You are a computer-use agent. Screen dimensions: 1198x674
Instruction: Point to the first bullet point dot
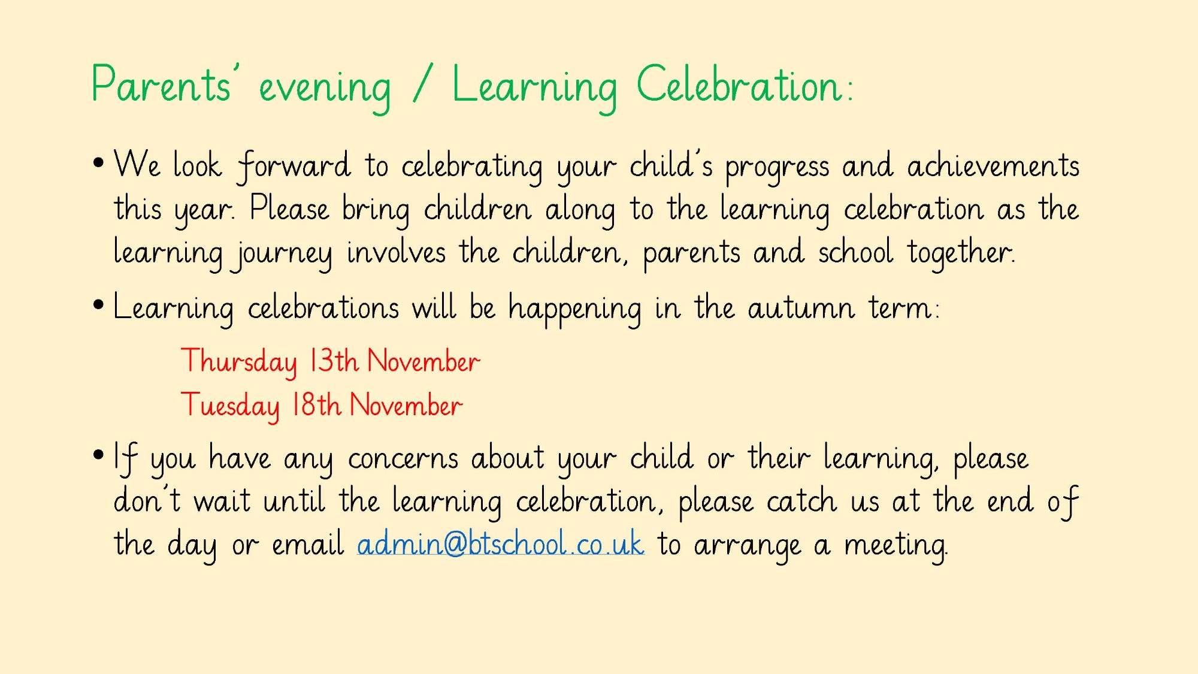[x=99, y=162]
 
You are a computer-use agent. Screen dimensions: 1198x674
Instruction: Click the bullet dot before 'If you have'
[x=99, y=455]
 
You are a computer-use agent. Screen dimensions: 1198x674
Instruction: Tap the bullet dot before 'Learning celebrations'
[x=99, y=305]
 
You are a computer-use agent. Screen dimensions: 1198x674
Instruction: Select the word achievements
[x=993, y=165]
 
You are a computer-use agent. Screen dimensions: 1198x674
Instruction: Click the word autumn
[x=801, y=309]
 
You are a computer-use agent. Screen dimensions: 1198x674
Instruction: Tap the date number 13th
[x=334, y=361]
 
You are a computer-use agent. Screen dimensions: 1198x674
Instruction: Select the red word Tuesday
[x=231, y=406]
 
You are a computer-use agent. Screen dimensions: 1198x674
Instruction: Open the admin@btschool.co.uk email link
[x=501, y=544]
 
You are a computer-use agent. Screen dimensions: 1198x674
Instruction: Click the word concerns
[x=403, y=459]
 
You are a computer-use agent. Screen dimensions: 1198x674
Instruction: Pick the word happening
[x=574, y=309]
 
